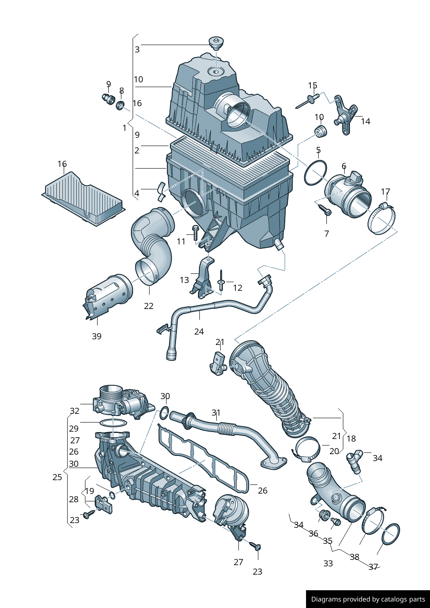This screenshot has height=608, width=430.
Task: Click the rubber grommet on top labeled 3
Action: (x=216, y=43)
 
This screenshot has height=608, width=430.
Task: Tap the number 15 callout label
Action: (x=313, y=86)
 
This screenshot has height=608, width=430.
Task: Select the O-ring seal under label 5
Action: (x=315, y=172)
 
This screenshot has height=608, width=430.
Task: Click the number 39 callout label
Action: (x=97, y=336)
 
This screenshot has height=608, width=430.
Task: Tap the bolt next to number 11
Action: (x=195, y=233)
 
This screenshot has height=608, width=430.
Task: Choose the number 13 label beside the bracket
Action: (x=184, y=280)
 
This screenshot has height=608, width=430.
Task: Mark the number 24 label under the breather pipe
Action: (x=199, y=332)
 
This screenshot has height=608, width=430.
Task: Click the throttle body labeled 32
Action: (x=122, y=401)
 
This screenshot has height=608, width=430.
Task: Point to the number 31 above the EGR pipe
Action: (x=216, y=413)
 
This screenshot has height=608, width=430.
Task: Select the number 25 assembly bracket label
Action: (x=57, y=477)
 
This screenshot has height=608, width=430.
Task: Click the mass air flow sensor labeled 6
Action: (x=348, y=195)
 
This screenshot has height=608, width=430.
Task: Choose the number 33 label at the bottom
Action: (x=328, y=563)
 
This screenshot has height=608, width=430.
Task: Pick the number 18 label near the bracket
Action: (x=351, y=439)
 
